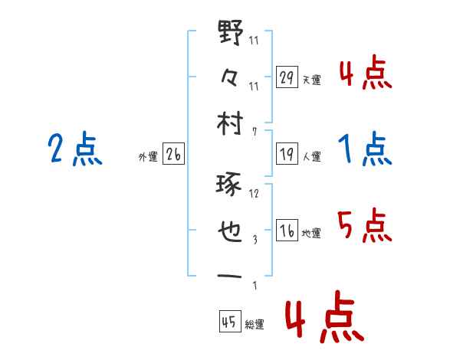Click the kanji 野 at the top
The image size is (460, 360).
[x=231, y=34]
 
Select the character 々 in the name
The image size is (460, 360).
[x=231, y=78]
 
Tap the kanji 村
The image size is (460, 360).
[x=231, y=122]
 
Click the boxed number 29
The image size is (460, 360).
[x=287, y=77]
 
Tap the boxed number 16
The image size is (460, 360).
[x=287, y=231]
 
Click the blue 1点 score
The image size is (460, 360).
[x=365, y=149]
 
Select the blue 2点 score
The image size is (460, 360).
[x=74, y=149]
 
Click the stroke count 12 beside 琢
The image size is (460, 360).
[x=254, y=193]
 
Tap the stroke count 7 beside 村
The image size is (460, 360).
[x=254, y=131]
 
